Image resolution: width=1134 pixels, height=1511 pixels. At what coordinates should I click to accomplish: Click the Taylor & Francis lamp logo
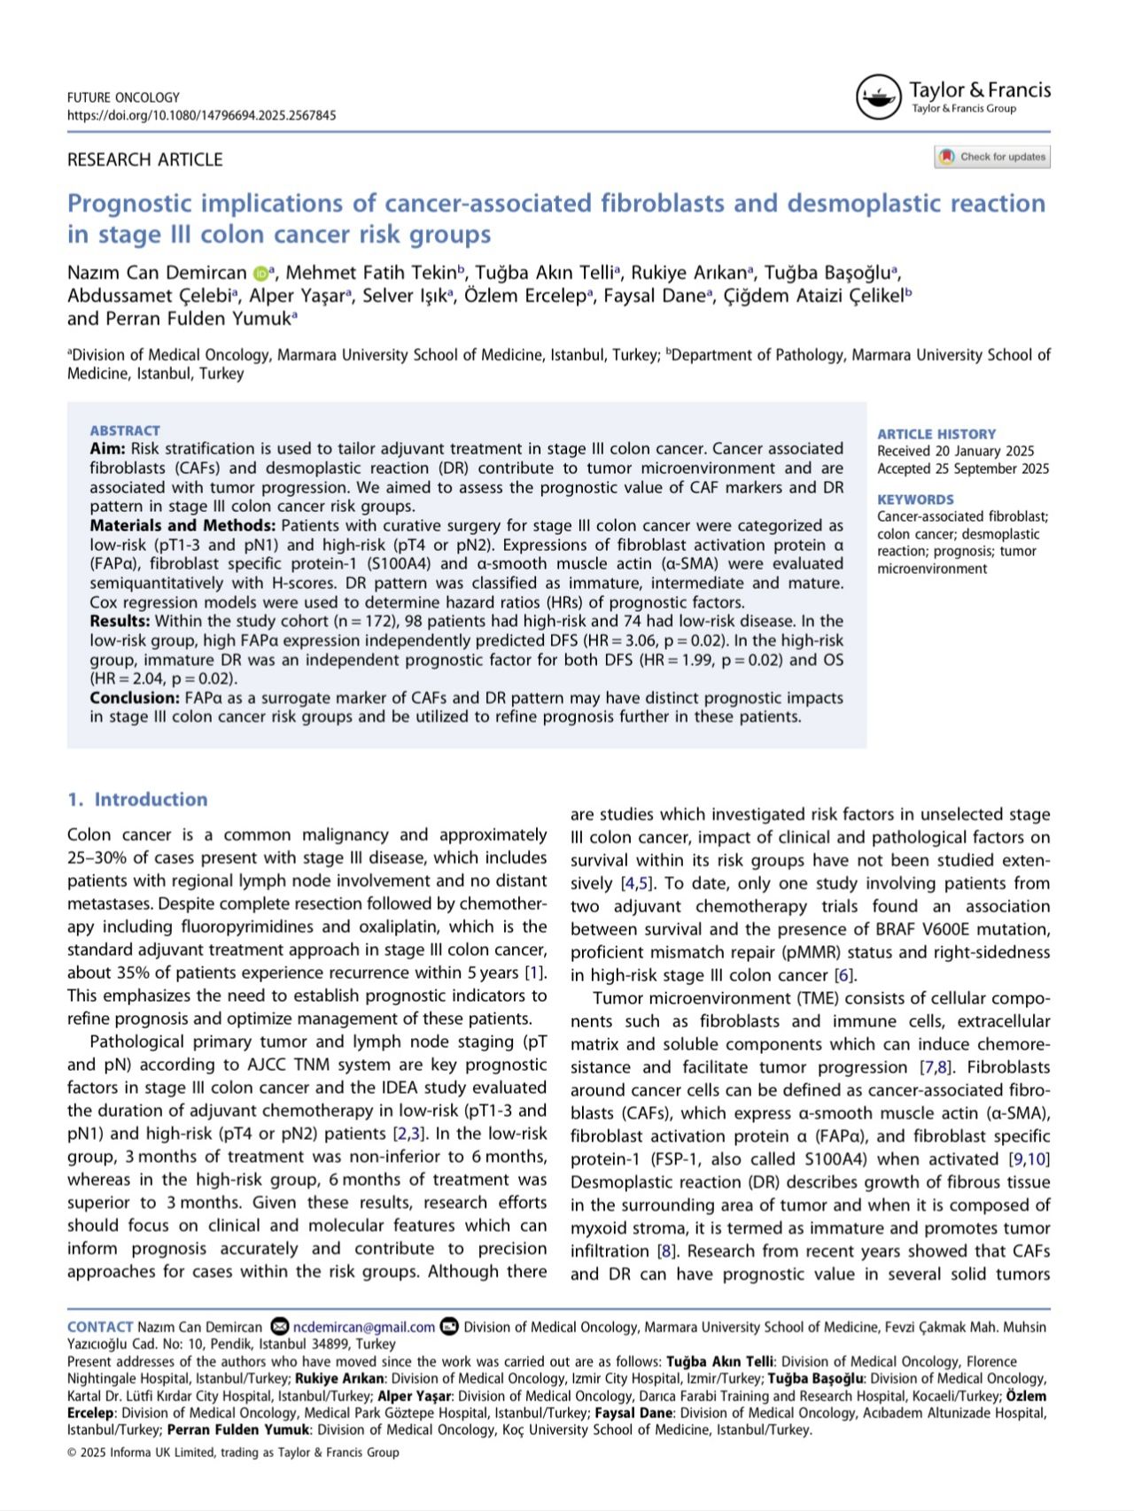(877, 97)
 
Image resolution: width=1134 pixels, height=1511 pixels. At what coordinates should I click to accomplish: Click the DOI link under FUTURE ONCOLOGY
(201, 115)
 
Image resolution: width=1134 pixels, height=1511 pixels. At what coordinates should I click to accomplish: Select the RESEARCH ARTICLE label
(144, 159)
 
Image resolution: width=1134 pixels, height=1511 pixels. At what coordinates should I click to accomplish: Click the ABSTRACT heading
(125, 430)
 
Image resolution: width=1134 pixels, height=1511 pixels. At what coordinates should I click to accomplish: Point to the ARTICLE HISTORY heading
(936, 434)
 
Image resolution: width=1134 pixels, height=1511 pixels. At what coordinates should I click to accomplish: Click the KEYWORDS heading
(915, 500)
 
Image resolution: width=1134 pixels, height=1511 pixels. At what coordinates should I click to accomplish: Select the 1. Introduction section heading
(137, 799)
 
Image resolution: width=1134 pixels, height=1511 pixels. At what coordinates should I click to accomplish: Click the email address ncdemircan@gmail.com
(364, 1327)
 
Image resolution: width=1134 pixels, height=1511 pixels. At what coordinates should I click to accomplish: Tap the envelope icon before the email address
(280, 1327)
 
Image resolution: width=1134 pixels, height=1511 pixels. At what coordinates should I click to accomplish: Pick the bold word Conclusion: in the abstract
(135, 698)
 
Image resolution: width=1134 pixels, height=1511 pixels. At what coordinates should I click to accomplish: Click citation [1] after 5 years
(533, 972)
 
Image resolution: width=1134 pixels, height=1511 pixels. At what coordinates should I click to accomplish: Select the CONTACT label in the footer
(100, 1327)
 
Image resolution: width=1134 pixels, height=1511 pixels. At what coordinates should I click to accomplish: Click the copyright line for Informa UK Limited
(233, 1453)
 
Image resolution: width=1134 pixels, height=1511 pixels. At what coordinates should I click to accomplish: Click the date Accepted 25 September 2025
(963, 469)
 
